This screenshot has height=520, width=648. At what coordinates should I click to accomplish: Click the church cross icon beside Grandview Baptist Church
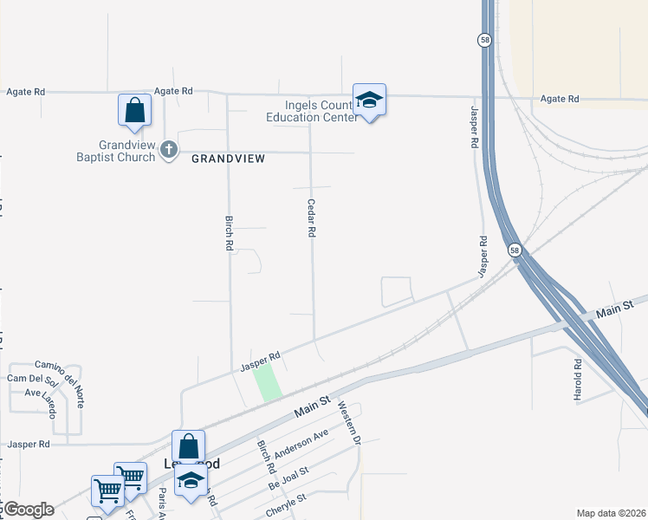[x=169, y=150]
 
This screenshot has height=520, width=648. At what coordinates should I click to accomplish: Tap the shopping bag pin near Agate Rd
[x=134, y=110]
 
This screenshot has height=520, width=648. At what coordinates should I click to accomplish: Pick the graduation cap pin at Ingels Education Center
[x=369, y=101]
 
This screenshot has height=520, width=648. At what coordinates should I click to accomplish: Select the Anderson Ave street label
[x=299, y=444]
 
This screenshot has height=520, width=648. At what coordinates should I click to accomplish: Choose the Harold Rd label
[x=577, y=379]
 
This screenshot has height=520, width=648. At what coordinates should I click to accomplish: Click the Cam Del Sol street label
[x=32, y=380]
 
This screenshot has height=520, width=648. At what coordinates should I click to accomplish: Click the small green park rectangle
[x=268, y=381]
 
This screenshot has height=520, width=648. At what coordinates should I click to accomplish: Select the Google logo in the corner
[x=29, y=510]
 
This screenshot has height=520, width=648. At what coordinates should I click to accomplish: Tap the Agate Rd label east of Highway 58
[x=559, y=99]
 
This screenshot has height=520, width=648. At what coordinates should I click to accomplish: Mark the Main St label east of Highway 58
[x=616, y=309]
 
